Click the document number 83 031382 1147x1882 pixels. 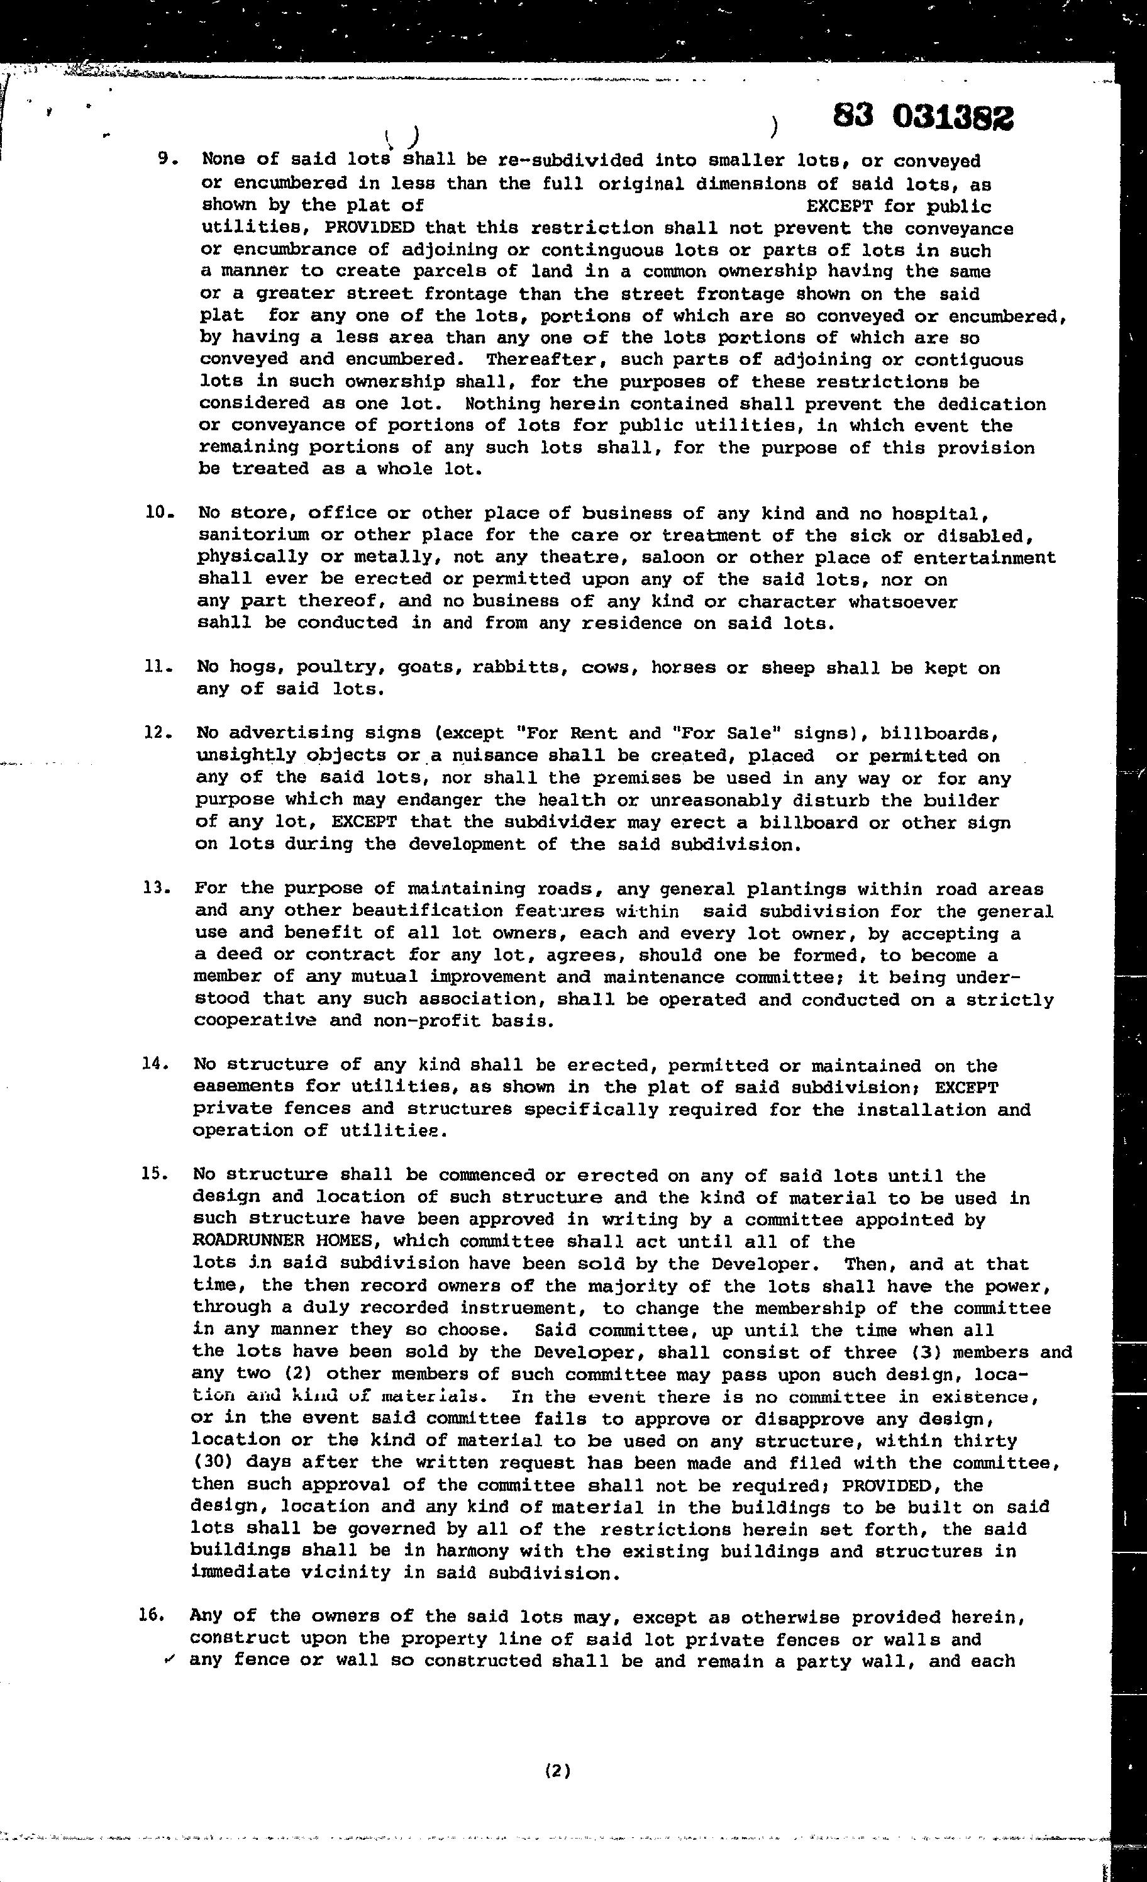coord(923,117)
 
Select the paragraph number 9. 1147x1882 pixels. coord(167,159)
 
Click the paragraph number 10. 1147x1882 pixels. coord(160,513)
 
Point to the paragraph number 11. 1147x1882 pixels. coord(157,666)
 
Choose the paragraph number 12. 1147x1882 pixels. coord(157,732)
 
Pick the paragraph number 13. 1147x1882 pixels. coord(156,888)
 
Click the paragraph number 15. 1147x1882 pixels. coord(154,1174)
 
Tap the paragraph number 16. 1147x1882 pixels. coord(153,1615)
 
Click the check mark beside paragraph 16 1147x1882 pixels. coord(169,1659)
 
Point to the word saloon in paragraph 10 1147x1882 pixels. coord(695,557)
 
